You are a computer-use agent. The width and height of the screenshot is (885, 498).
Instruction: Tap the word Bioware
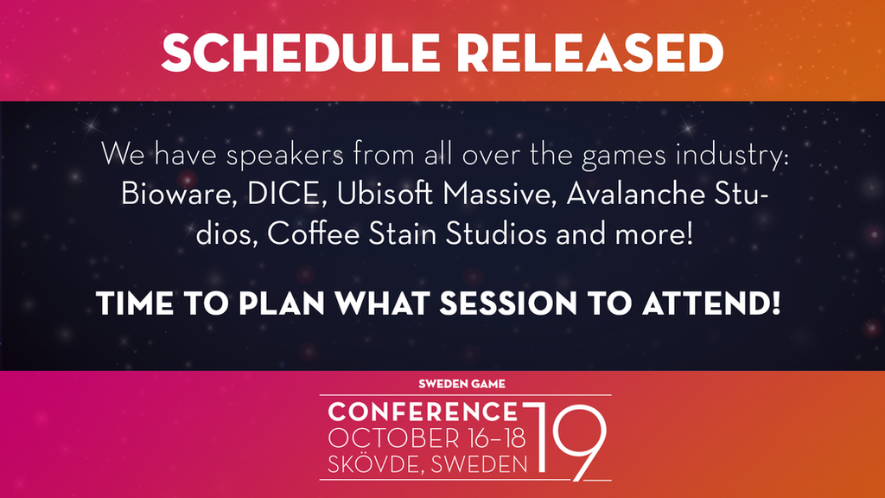coord(178,194)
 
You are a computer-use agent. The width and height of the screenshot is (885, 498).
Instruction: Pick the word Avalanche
coord(634,194)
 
